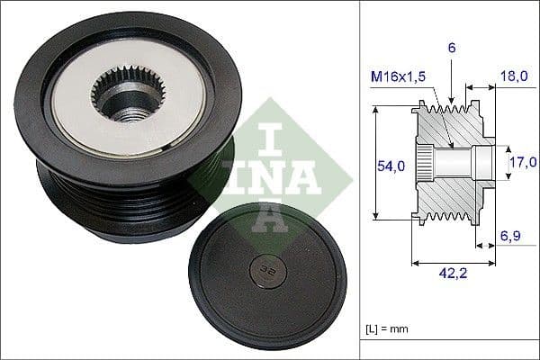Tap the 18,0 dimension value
pos(514,77)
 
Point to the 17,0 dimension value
pos(523,163)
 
